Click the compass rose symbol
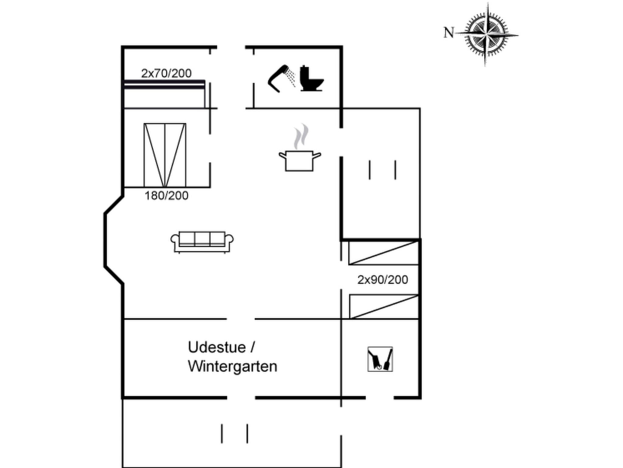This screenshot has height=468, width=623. click(486, 34)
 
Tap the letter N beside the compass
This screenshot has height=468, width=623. click(449, 33)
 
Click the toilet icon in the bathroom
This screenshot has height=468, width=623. click(311, 79)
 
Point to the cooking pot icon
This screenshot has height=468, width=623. click(300, 161)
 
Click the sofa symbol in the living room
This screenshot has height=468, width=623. click(202, 242)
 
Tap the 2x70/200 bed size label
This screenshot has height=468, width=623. click(166, 73)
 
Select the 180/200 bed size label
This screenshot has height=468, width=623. click(166, 196)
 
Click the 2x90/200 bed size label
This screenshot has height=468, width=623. click(382, 280)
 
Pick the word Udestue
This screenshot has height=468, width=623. click(217, 347)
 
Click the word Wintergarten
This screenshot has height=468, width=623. click(232, 366)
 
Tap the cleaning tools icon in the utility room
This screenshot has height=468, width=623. click(380, 359)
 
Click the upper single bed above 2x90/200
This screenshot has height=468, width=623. click(383, 253)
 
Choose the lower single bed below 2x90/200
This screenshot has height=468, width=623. click(384, 307)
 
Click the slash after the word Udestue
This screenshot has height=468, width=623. click(252, 347)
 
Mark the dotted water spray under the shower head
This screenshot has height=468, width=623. click(292, 77)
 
